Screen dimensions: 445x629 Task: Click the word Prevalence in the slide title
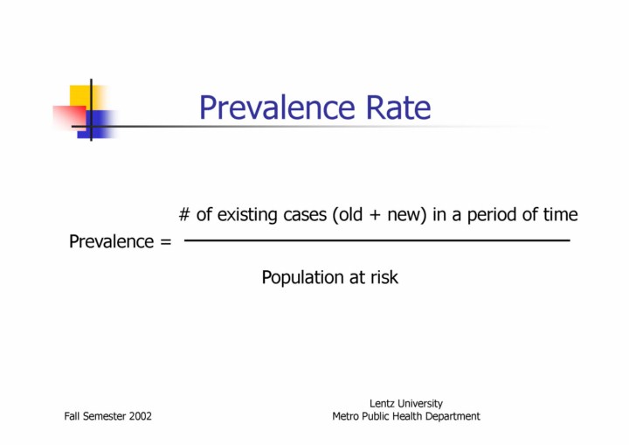pos(272,108)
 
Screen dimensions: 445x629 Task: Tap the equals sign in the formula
pos(165,242)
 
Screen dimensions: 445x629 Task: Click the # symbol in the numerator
pos(185,215)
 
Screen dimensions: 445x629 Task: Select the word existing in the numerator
pos(246,215)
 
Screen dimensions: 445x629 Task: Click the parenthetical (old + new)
pos(379,215)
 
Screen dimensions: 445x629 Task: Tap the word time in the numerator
pos(560,215)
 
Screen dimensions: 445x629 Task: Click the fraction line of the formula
pos(377,240)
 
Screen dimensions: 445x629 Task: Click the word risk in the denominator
pos(382,278)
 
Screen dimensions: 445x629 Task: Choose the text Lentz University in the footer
pos(405,403)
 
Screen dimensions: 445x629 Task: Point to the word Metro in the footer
pos(347,416)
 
